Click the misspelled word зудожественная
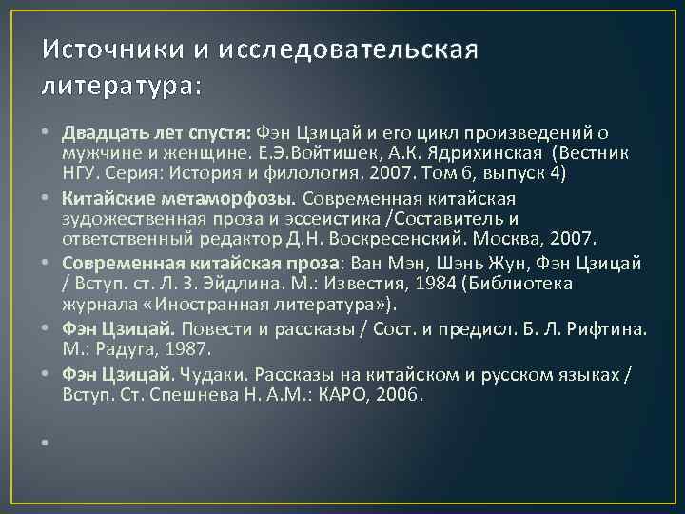[x=117, y=217]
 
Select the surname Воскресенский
[x=440, y=236]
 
